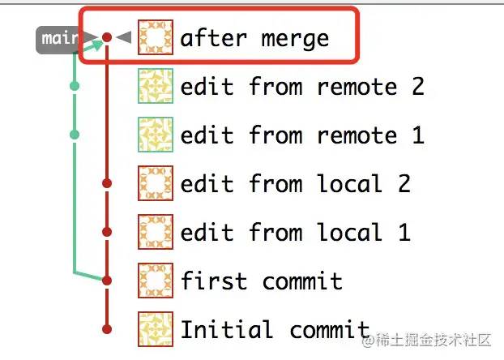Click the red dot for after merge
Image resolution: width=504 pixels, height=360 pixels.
tap(107, 37)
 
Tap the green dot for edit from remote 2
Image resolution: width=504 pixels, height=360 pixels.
tap(75, 86)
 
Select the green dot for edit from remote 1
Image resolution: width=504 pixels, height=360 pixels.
tap(75, 134)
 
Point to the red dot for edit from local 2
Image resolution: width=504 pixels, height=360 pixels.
tap(107, 183)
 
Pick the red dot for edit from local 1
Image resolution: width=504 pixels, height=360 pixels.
tap(107, 232)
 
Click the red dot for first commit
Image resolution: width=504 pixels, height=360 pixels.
tap(107, 281)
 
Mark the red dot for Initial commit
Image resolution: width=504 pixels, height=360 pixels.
tap(107, 329)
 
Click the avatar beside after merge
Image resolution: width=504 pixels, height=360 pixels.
tap(156, 37)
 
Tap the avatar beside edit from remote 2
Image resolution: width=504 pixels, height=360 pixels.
tap(156, 86)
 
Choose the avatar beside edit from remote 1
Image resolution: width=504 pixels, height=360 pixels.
tap(156, 135)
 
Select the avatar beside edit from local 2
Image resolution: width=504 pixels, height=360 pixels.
tap(156, 183)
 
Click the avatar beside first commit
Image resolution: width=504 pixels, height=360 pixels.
tap(156, 281)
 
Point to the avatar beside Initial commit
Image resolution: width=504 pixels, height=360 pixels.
tap(156, 329)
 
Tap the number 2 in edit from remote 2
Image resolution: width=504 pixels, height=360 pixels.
tap(418, 86)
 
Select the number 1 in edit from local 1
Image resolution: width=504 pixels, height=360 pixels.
tap(404, 232)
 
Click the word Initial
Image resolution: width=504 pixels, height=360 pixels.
tap(227, 329)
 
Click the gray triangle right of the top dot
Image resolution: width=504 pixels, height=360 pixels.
tap(123, 37)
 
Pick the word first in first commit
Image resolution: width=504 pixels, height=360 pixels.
tap(214, 281)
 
